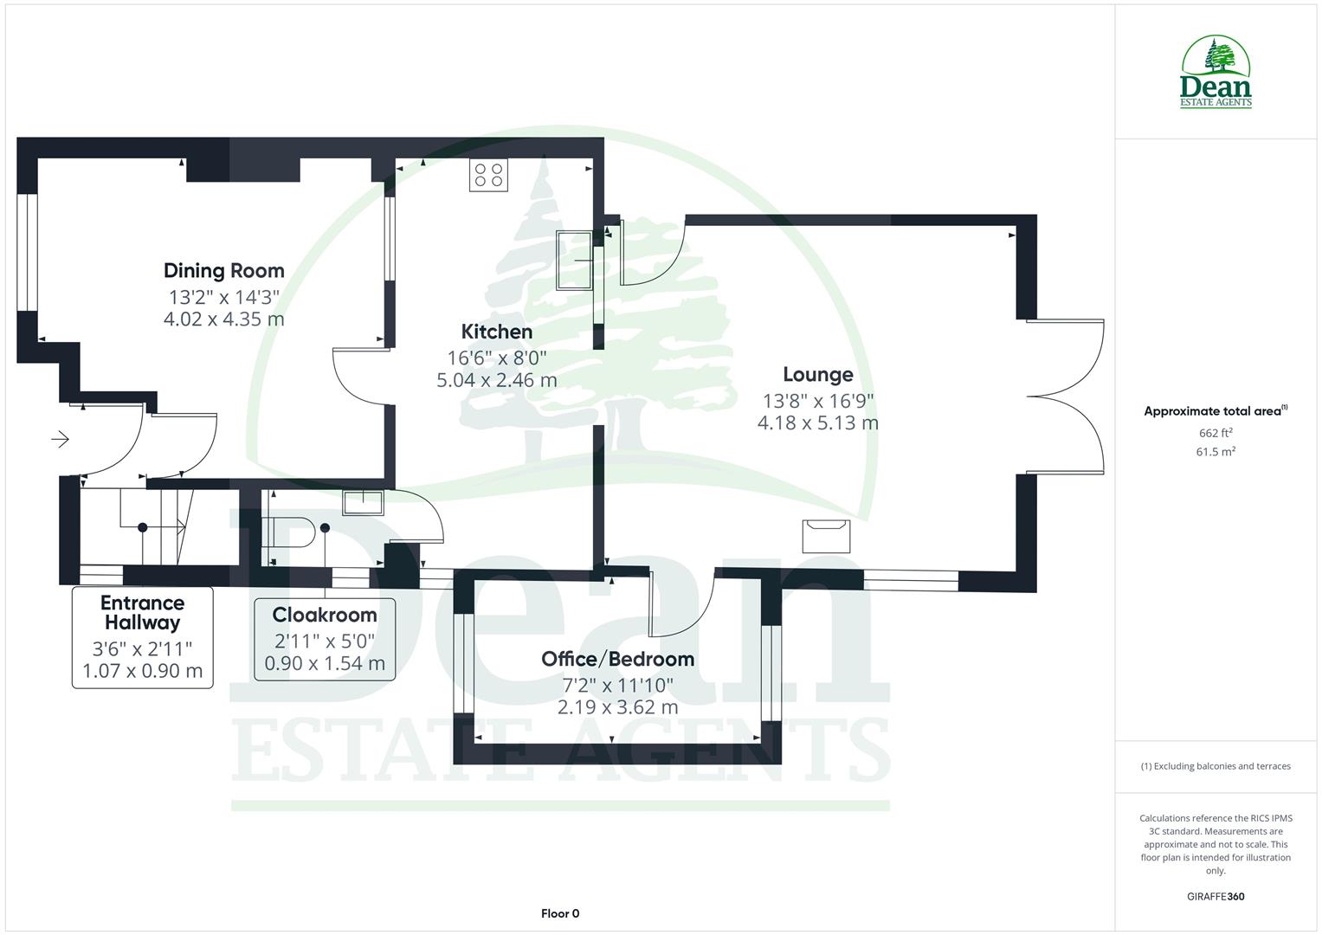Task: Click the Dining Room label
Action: click(x=223, y=271)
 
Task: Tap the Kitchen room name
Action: click(x=496, y=332)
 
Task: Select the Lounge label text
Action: click(x=817, y=375)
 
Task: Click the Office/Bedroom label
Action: click(x=617, y=659)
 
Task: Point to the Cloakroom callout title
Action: click(x=325, y=615)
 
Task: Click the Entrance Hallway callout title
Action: click(x=142, y=612)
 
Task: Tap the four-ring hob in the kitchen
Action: click(x=488, y=175)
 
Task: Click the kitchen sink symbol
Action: click(x=574, y=260)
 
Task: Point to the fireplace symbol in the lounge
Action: click(x=826, y=536)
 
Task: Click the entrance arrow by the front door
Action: click(x=60, y=440)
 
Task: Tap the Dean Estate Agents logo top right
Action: click(x=1216, y=73)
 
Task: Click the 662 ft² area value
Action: click(x=1215, y=433)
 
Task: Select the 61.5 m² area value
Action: click(x=1215, y=452)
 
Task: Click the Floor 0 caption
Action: click(x=559, y=913)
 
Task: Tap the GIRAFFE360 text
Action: click(x=1215, y=897)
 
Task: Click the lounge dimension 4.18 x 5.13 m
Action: click(x=817, y=423)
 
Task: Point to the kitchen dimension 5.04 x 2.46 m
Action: click(x=496, y=380)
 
